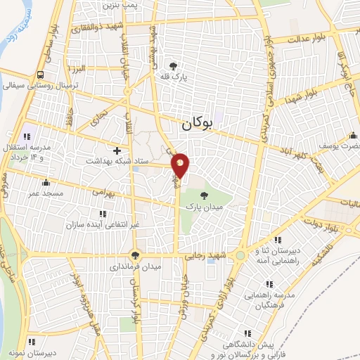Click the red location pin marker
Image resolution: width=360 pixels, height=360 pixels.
pyautogui.click(x=181, y=166)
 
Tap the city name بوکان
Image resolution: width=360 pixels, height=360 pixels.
pyautogui.click(x=196, y=124)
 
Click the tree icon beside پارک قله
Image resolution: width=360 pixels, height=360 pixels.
pyautogui.click(x=175, y=64)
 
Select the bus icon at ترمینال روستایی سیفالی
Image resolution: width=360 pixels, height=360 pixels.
pyautogui.click(x=40, y=75)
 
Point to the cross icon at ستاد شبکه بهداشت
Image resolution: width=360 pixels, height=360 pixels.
pyautogui.click(x=117, y=150)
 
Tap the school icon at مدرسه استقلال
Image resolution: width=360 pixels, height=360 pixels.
pyautogui.click(x=27, y=136)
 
